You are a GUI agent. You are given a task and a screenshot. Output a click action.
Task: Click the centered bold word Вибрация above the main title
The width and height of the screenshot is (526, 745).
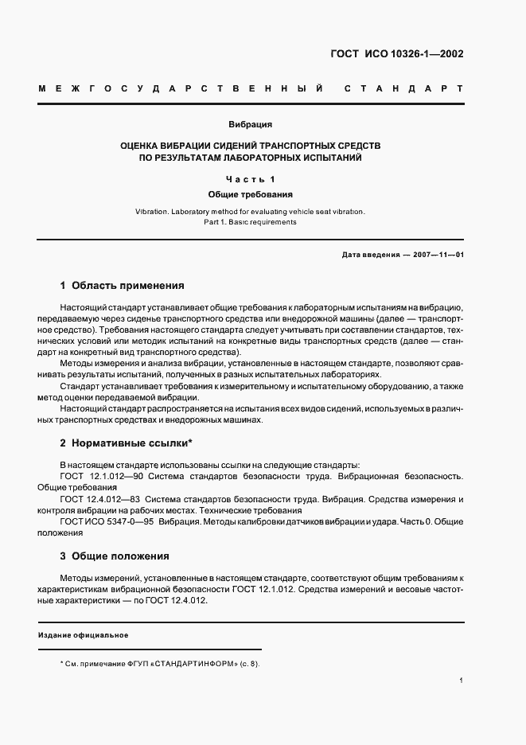click(x=251, y=125)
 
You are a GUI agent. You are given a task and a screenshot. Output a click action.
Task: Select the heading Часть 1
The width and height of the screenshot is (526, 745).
click(x=251, y=179)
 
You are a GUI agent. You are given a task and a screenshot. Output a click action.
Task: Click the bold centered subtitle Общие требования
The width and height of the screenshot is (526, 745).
click(x=251, y=193)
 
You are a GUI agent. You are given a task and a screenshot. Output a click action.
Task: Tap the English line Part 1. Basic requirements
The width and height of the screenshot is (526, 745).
click(x=251, y=223)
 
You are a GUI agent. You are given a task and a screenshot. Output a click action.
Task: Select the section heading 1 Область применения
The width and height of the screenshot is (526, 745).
click(x=122, y=285)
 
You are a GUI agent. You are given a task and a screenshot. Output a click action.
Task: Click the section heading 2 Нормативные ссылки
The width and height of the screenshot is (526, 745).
click(x=127, y=443)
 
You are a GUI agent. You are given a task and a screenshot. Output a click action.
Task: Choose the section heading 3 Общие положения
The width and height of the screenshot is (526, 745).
click(x=115, y=556)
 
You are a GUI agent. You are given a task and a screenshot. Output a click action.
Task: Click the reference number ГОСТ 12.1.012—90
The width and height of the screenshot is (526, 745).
click(x=100, y=476)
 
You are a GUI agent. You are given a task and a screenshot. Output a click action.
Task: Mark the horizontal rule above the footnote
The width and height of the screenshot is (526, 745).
click(x=150, y=649)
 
